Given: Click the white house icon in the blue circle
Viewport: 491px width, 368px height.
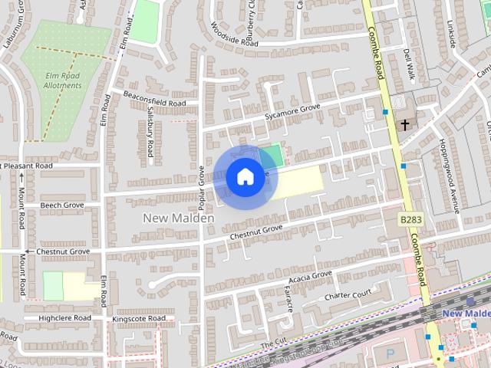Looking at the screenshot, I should pyautogui.click(x=245, y=176).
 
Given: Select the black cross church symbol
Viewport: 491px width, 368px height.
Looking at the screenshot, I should pyautogui.click(x=404, y=123).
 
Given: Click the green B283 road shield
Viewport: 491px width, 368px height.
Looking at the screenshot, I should pyautogui.click(x=410, y=219).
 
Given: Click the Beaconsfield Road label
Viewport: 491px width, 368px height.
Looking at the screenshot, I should pyautogui.click(x=154, y=99).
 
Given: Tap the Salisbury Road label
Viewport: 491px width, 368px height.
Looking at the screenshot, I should pyautogui.click(x=150, y=131).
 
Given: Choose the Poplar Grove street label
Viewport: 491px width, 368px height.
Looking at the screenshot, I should pyautogui.click(x=201, y=189).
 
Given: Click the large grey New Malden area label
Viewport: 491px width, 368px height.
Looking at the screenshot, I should pyautogui.click(x=178, y=218).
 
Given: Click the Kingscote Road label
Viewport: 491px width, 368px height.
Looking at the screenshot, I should pyautogui.click(x=139, y=318).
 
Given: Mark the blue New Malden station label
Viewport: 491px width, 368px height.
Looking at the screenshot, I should pyautogui.click(x=466, y=314).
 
